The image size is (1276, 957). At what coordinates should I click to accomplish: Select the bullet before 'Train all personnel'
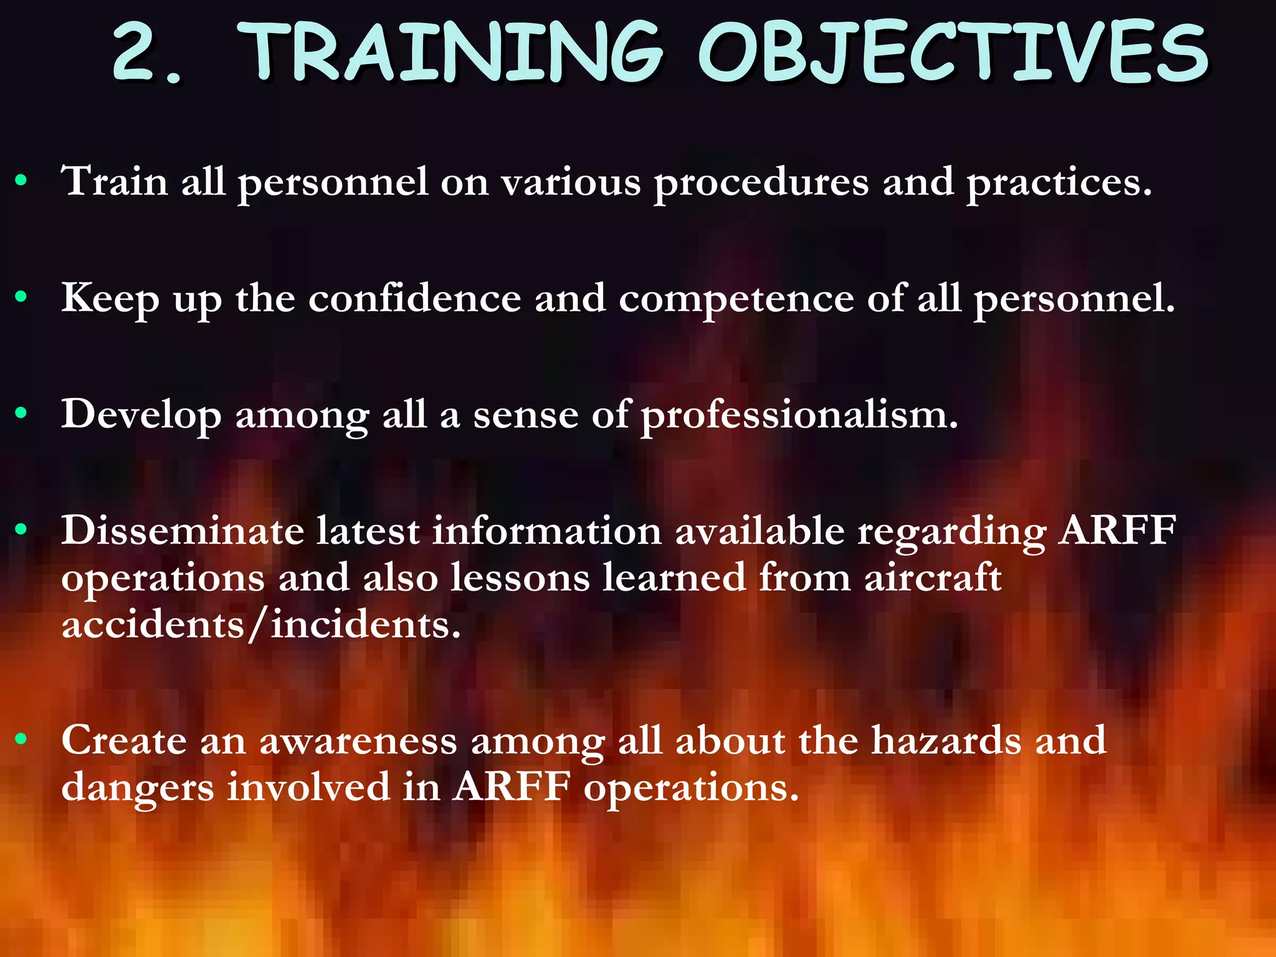[22, 181]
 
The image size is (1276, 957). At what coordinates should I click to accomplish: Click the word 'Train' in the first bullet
[115, 181]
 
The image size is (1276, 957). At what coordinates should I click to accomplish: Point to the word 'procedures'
[761, 183]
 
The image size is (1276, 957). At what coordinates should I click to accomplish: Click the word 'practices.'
[1059, 183]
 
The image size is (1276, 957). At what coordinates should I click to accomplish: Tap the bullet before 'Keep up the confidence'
[22, 298]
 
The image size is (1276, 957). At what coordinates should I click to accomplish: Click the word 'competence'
[736, 299]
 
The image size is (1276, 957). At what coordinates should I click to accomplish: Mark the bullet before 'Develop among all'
[22, 414]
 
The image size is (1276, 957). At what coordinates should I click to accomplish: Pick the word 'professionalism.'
[799, 416]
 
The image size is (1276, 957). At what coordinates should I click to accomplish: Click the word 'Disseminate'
[182, 531]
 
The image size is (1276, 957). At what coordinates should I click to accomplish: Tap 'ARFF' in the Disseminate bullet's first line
[1118, 531]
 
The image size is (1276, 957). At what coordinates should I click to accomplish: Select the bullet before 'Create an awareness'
[22, 740]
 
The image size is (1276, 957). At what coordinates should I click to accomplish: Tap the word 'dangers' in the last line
[138, 788]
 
